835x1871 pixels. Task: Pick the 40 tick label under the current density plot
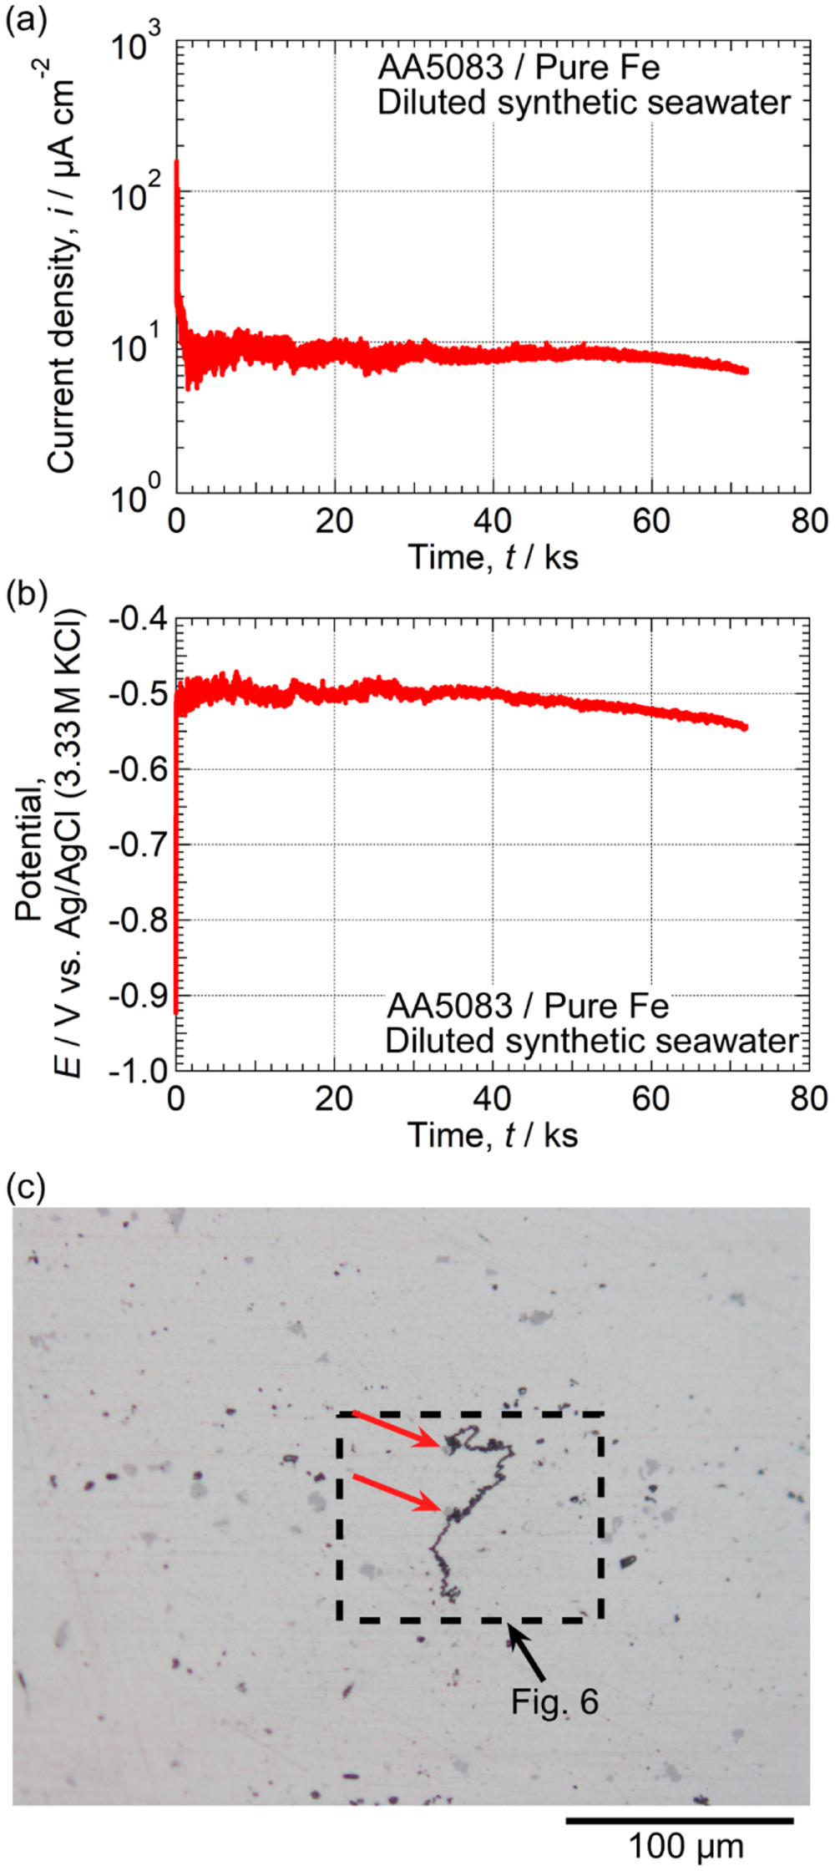coord(493,521)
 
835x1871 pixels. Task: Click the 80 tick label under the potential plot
coord(808,1099)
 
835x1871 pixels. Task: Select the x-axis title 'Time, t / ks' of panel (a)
coord(493,557)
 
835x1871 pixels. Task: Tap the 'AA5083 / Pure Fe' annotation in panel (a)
coord(519,68)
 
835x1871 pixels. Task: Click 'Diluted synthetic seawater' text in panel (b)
coord(591,1042)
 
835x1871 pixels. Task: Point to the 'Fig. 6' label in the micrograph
coord(555,1701)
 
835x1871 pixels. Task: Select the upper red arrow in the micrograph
coord(396,1429)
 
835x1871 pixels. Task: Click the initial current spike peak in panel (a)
coord(176,163)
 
